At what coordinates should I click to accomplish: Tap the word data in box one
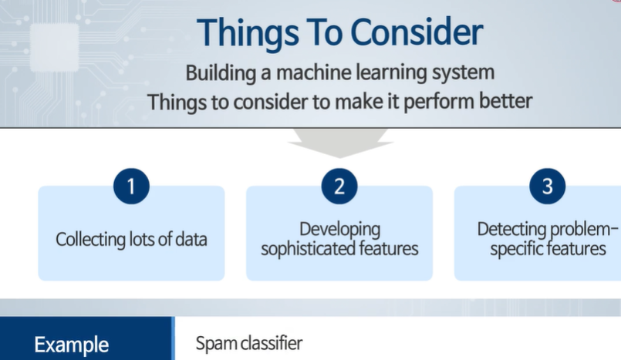tap(189, 239)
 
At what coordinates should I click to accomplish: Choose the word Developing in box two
tap(339, 229)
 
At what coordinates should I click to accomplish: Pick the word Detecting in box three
tap(513, 229)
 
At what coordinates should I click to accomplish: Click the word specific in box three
tap(516, 249)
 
